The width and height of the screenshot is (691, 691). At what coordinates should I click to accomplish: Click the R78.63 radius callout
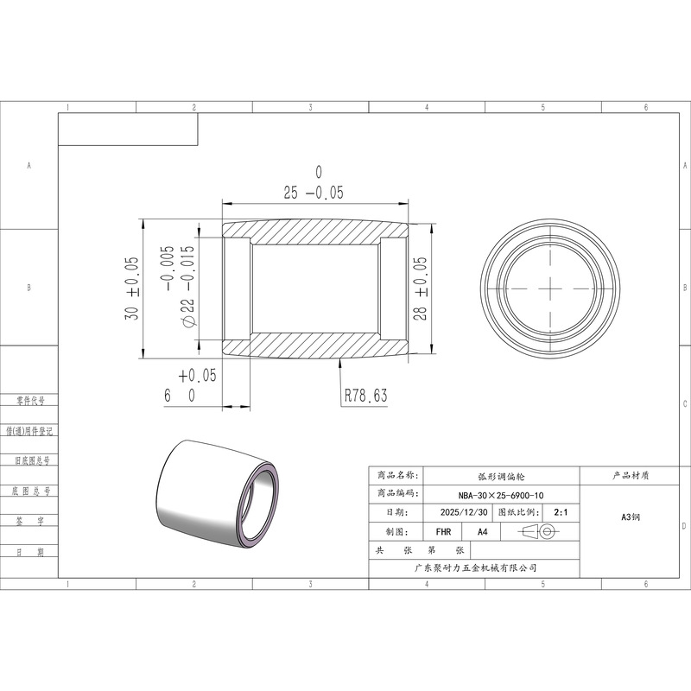tap(365, 396)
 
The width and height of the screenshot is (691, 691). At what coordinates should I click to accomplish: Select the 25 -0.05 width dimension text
tap(314, 193)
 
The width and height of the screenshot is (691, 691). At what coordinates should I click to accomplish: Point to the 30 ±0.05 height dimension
tap(132, 288)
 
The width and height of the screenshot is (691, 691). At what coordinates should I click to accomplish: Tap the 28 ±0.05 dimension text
tap(421, 288)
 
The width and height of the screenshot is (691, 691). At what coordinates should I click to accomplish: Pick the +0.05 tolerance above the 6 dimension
tap(198, 376)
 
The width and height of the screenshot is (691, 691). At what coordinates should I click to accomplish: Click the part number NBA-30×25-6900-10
tap(501, 495)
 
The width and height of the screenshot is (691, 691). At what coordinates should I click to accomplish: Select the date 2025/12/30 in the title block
tap(464, 512)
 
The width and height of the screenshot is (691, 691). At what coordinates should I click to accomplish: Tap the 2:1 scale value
tap(561, 512)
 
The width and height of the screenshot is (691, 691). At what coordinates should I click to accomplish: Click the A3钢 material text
tap(631, 517)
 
